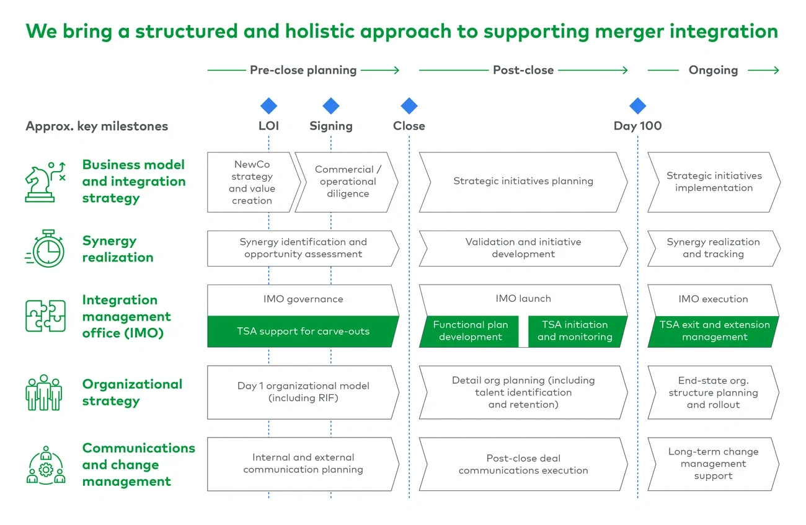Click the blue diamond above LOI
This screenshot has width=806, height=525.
(x=268, y=106)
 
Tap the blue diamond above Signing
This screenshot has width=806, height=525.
(x=331, y=106)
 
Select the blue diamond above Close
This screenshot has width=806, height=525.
(x=409, y=106)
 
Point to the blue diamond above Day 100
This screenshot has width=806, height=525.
(x=637, y=106)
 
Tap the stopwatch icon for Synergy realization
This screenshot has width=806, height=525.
(x=45, y=249)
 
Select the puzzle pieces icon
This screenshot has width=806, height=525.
(x=45, y=316)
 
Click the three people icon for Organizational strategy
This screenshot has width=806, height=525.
(x=44, y=392)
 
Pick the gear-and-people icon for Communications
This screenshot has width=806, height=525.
(x=45, y=465)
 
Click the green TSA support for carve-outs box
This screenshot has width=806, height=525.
(x=303, y=332)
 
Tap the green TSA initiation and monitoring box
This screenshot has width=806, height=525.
(x=575, y=331)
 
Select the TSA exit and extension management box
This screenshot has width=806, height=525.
(x=714, y=331)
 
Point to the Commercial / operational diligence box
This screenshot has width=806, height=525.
(x=348, y=182)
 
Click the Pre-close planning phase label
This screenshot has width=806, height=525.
(x=303, y=70)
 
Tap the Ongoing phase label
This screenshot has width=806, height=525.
(x=713, y=70)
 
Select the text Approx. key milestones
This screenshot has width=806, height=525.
(x=97, y=126)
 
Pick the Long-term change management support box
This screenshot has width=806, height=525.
(x=713, y=464)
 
